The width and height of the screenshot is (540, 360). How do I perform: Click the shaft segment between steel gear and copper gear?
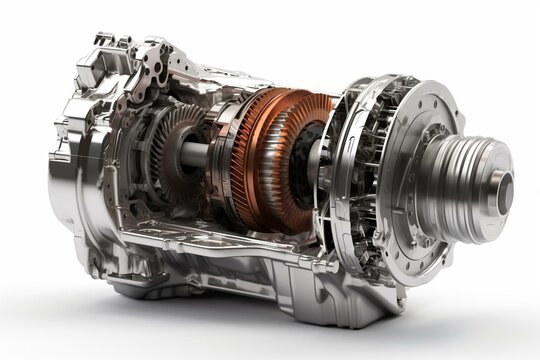pyautogui.click(x=198, y=155)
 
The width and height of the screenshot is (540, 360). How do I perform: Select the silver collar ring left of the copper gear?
pyautogui.click(x=221, y=150)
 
